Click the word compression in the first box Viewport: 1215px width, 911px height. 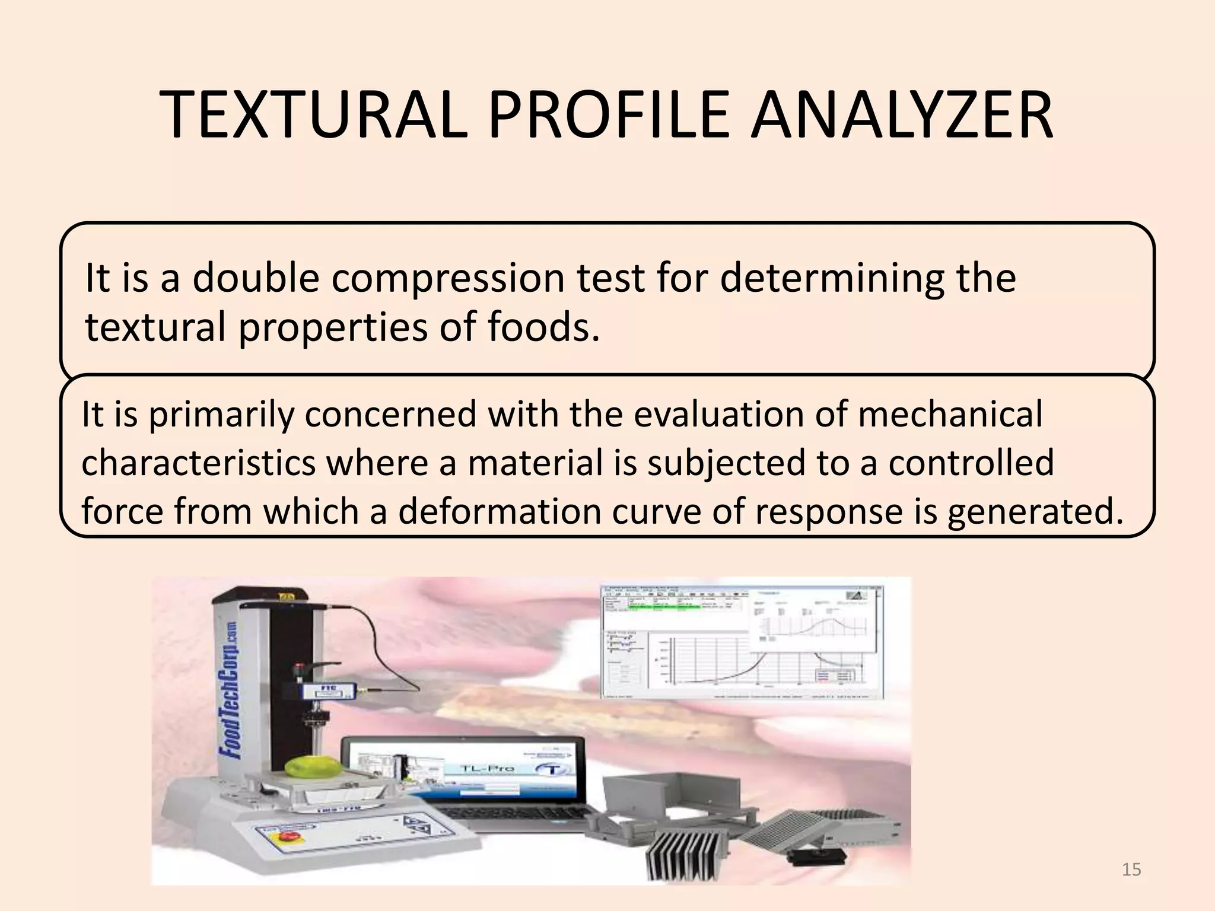(448, 279)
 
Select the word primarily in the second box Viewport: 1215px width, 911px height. (221, 415)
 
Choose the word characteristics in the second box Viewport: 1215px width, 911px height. (199, 463)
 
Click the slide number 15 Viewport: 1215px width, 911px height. (1131, 869)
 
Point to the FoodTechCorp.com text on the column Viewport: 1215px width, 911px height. (230, 691)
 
